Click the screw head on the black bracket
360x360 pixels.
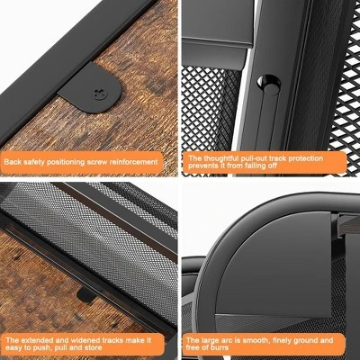[100, 94]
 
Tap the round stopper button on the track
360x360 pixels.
[268, 85]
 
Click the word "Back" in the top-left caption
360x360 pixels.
[13, 162]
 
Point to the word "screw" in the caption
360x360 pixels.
[97, 162]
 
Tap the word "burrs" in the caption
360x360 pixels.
[219, 348]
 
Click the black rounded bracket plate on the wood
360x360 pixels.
[90, 88]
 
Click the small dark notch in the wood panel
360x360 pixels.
[86, 295]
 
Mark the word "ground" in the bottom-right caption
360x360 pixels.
[302, 341]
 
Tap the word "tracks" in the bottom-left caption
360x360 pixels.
[113, 340]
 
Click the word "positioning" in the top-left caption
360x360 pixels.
[66, 162]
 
